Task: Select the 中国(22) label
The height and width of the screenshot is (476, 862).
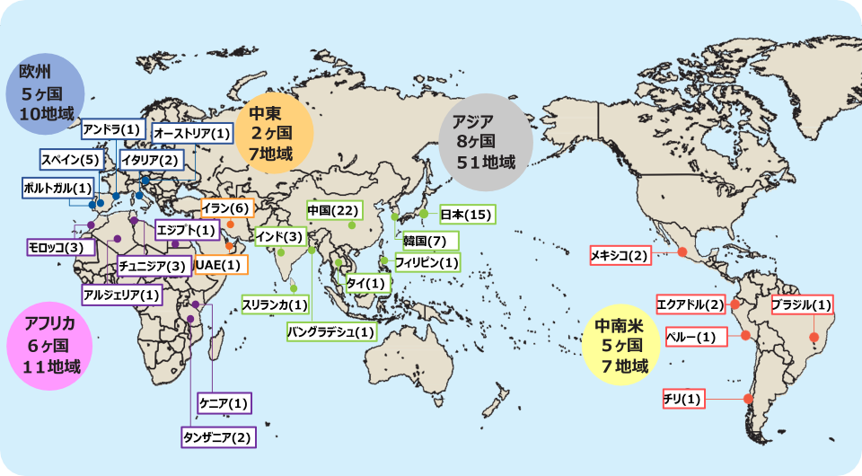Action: point(333,210)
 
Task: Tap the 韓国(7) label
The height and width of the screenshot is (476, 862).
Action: point(430,241)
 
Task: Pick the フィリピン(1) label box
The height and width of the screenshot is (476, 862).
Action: point(427,263)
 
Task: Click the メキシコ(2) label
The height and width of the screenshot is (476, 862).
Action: point(619,256)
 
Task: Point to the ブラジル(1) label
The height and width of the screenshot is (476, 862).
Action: point(802,304)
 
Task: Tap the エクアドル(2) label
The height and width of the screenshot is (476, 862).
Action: point(690,304)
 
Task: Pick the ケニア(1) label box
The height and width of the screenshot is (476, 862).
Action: point(224,402)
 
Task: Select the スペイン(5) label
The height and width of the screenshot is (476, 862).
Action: point(70,159)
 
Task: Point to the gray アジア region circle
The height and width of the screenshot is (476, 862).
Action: point(483,142)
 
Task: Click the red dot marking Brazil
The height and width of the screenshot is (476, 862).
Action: point(814,338)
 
